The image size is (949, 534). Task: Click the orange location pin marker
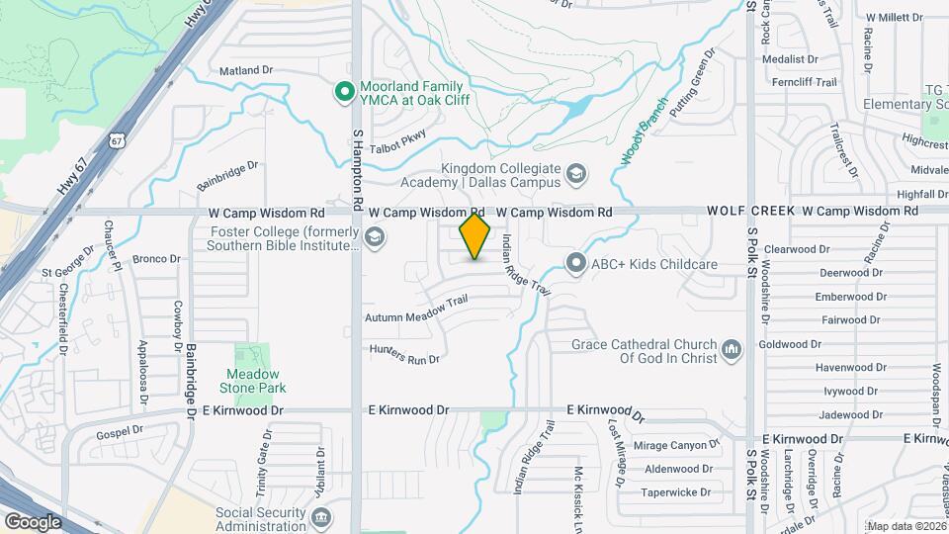(x=475, y=235)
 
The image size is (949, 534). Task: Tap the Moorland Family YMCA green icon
(x=344, y=92)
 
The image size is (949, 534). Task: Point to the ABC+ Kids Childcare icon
(x=576, y=263)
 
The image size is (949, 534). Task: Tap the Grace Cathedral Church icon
(x=732, y=349)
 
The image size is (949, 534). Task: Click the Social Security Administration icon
(x=320, y=518)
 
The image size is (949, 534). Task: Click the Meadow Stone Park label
(x=254, y=381)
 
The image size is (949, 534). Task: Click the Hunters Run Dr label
(x=404, y=355)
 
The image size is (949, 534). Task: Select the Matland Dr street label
(x=245, y=70)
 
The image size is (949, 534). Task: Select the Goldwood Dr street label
(x=790, y=344)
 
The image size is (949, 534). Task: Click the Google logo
(x=33, y=521)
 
